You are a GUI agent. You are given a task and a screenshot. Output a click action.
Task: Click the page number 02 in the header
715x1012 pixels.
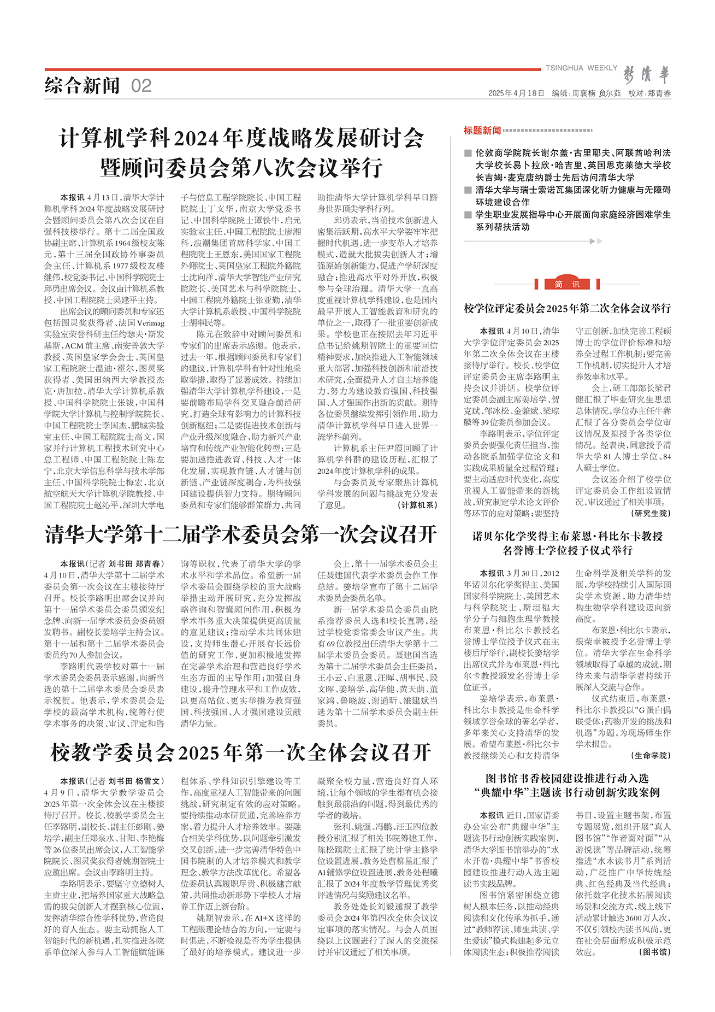click(141, 86)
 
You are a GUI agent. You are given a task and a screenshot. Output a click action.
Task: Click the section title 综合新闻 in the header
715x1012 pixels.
click(82, 86)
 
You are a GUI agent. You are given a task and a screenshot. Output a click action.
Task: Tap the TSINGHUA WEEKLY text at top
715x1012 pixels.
click(581, 68)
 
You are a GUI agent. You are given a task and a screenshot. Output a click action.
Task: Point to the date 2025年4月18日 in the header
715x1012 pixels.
click(516, 93)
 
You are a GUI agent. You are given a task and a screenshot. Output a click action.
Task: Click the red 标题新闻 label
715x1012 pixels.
click(482, 131)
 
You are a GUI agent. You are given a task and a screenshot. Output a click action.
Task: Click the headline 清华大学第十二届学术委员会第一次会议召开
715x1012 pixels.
click(241, 534)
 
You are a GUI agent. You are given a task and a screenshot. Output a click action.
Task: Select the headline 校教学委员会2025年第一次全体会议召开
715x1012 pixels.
click(241, 752)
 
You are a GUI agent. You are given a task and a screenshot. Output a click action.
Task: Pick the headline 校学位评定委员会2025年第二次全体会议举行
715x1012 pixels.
click(567, 309)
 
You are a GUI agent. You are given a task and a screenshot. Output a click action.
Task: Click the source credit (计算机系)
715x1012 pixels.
click(418, 505)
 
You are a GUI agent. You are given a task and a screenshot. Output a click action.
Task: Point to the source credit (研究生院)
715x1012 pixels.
click(651, 513)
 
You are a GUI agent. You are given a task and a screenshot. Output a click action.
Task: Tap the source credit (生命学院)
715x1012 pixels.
click(651, 755)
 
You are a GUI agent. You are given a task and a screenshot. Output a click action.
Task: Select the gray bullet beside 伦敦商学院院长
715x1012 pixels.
click(468, 154)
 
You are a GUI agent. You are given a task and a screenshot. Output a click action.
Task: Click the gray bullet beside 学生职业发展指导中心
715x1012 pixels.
click(468, 215)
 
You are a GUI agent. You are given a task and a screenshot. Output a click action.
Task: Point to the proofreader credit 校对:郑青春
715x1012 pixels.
click(649, 93)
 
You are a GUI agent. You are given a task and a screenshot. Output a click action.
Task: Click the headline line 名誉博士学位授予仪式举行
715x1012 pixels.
click(567, 550)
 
